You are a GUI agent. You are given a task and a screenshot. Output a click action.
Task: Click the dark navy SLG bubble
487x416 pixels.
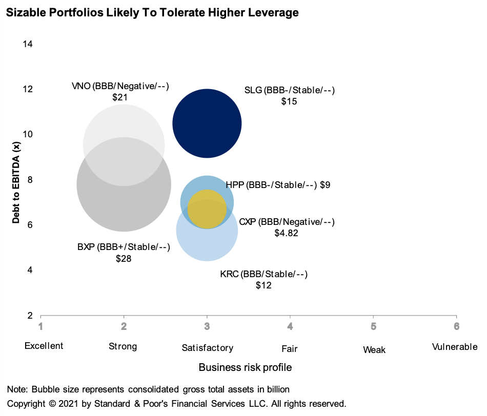(207, 123)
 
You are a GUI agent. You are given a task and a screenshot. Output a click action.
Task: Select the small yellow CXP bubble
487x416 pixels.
(207, 209)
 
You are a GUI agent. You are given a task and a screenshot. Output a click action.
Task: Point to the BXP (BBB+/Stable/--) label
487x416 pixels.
(124, 247)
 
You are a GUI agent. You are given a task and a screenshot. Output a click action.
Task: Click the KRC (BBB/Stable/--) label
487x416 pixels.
(263, 274)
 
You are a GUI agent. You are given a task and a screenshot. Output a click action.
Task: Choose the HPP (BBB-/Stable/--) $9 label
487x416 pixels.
(278, 185)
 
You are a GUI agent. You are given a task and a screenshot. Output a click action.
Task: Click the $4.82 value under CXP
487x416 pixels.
(286, 233)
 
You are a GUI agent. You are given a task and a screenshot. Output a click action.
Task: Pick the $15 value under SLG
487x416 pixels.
(289, 101)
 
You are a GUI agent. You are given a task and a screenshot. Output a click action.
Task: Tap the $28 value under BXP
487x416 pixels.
(124, 259)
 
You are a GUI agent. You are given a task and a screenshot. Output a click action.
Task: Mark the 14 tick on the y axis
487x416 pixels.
(28, 44)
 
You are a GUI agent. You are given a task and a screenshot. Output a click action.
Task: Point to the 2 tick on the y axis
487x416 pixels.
(30, 316)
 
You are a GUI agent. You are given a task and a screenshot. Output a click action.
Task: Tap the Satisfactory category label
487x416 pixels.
(207, 348)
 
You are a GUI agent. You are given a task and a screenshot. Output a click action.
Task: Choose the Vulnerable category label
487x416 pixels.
(455, 347)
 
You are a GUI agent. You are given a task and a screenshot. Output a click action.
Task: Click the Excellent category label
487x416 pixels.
(44, 346)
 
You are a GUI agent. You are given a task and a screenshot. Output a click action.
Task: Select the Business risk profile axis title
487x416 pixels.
(245, 367)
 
